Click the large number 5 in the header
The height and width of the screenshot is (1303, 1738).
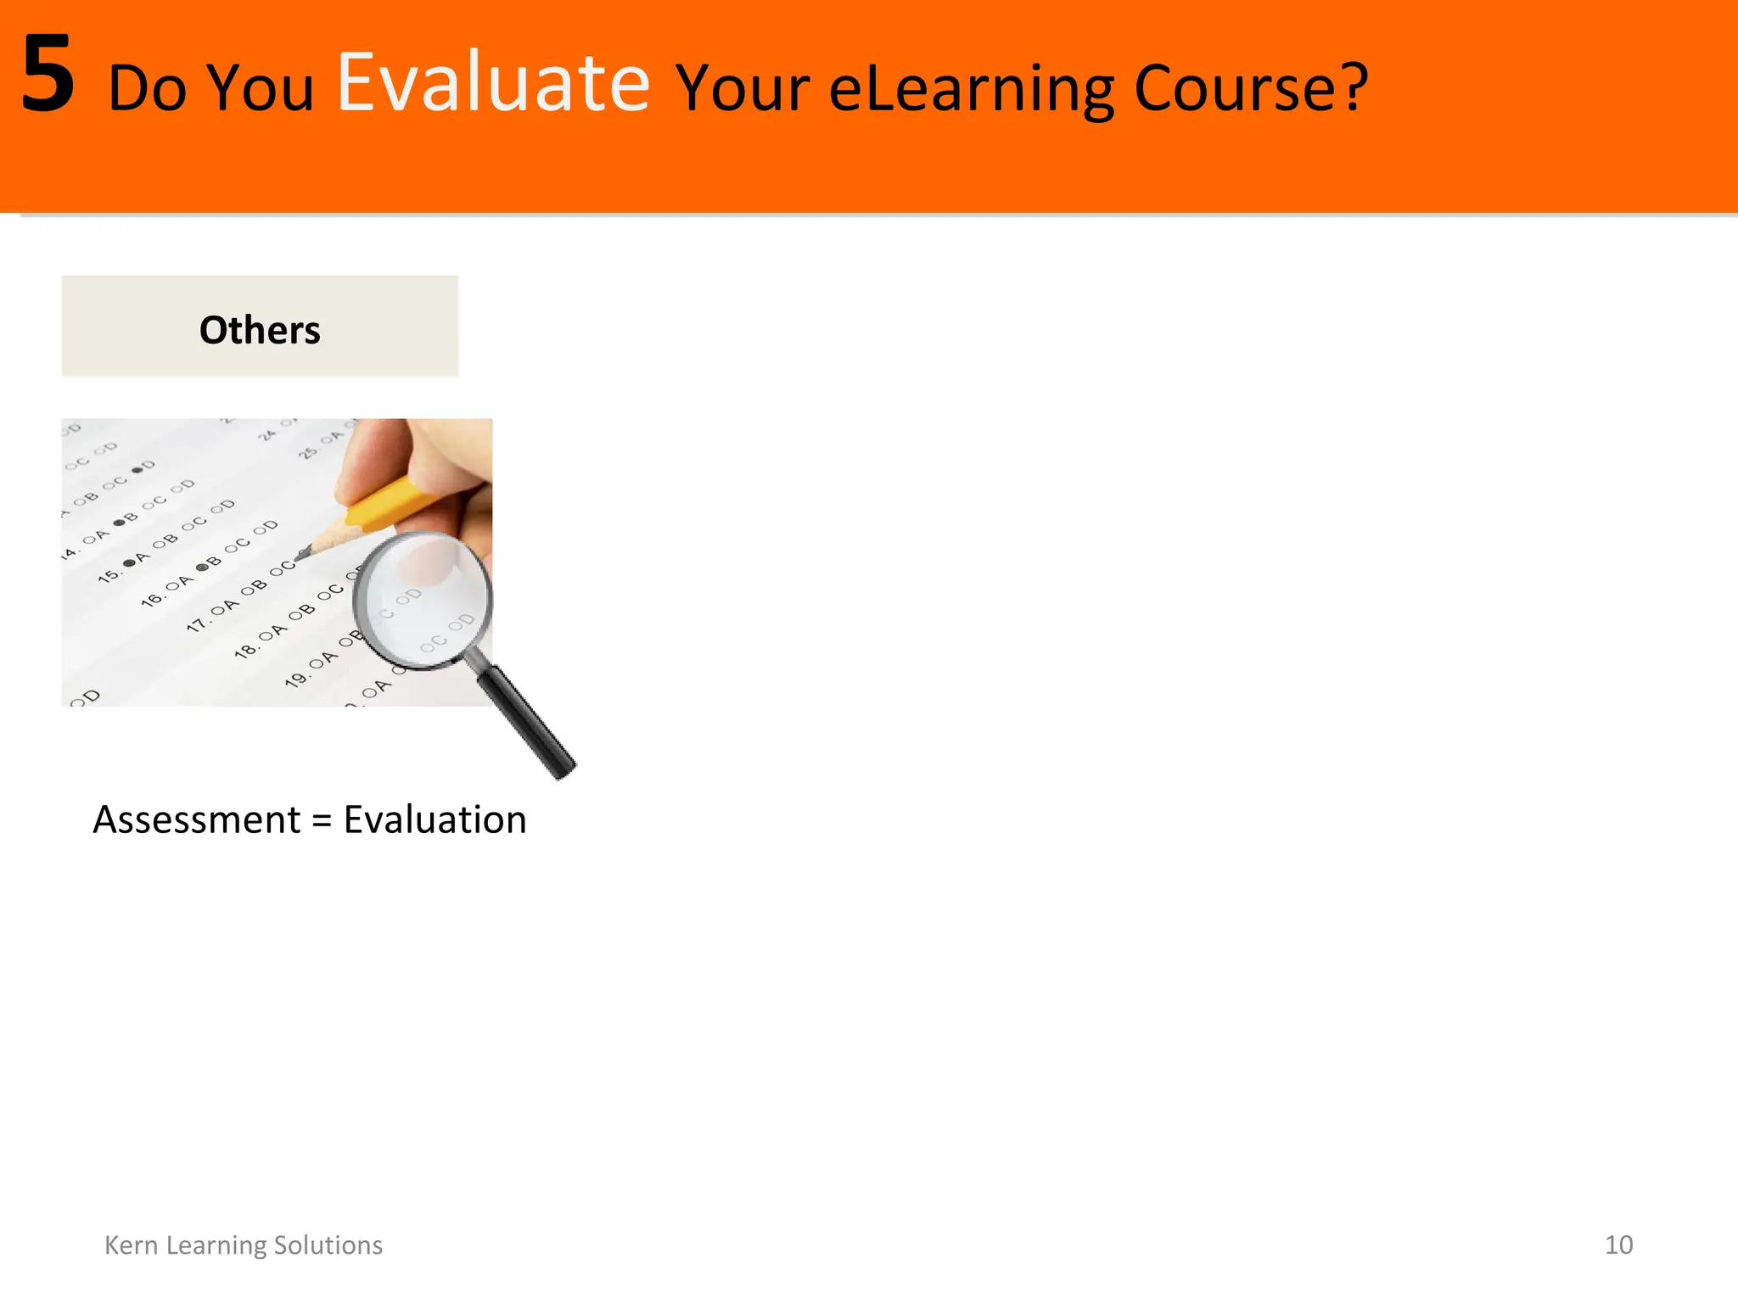click(48, 76)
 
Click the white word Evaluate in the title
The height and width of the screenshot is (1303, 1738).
click(493, 83)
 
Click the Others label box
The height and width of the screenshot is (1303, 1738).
click(260, 327)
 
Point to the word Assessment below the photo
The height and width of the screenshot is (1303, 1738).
click(196, 820)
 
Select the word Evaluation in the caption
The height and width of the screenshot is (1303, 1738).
click(434, 820)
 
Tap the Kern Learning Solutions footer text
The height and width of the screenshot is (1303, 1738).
click(244, 1244)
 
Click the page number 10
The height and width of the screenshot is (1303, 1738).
click(1618, 1244)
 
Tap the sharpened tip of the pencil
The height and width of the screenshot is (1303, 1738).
click(303, 554)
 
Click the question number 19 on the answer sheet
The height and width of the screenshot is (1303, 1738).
click(295, 679)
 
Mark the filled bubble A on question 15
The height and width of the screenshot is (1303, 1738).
click(129, 562)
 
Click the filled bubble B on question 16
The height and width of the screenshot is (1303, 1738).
click(202, 567)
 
